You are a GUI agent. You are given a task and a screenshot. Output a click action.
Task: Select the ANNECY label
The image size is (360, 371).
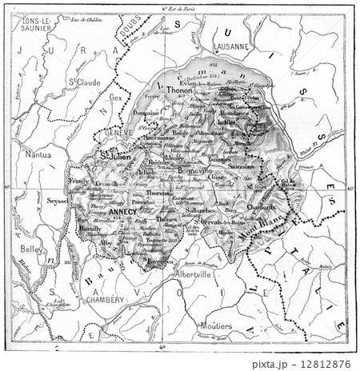pyautogui.click(x=126, y=212)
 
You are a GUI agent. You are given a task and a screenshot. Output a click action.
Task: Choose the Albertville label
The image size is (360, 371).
pyautogui.click(x=193, y=273)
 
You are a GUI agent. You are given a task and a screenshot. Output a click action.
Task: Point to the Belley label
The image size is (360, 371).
pyautogui.click(x=30, y=249)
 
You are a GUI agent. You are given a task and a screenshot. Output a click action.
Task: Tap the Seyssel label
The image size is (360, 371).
pyautogui.click(x=57, y=201)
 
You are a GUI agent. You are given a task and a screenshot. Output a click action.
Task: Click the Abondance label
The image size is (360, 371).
pyautogui.click(x=233, y=114)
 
